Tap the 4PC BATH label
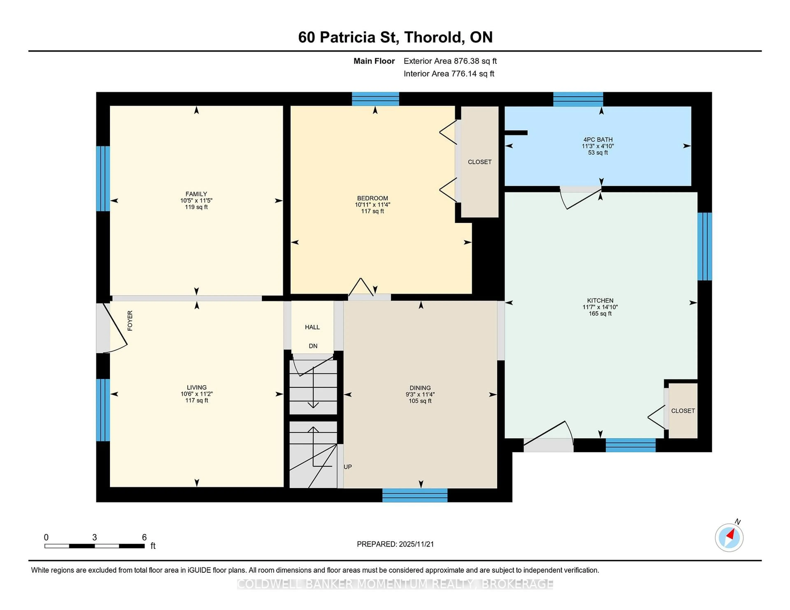pos(598,140)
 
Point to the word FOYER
pos(130,321)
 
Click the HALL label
pos(312,327)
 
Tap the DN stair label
pos(313,346)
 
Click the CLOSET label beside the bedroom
pos(479,162)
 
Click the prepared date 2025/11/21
pos(416,544)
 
